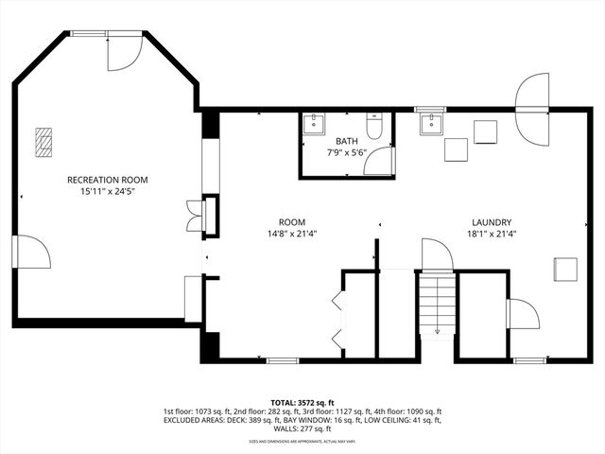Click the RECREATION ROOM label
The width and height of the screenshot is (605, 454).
click(107, 179)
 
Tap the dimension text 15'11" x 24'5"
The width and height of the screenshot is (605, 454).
click(107, 191)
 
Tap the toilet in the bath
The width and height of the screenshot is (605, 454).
click(375, 128)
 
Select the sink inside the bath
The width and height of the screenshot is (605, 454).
click(314, 124)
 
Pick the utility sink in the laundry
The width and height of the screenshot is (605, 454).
click(432, 122)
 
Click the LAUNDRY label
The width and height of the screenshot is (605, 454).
click(492, 221)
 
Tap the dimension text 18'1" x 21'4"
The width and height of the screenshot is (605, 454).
click(492, 234)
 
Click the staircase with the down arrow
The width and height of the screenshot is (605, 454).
click(436, 303)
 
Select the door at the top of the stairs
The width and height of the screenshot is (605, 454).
click(436, 254)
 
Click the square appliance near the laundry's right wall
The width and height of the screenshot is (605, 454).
click(566, 269)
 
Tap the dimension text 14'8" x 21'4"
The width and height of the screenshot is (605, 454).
click(291, 234)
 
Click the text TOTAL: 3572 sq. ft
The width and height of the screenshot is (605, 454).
click(302, 403)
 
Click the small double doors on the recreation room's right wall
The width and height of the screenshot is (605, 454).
click(196, 215)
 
